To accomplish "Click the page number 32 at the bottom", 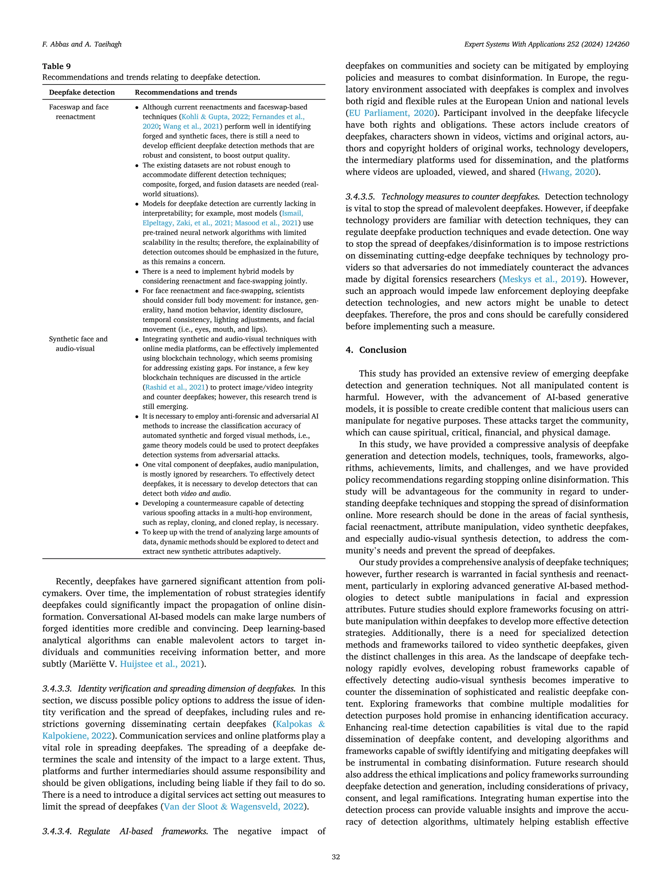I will click(335, 857).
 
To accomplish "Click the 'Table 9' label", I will click(56, 66).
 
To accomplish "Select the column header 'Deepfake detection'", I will click(82, 92).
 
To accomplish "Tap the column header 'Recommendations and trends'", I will click(186, 92).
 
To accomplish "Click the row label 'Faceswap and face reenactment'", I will click(78, 112).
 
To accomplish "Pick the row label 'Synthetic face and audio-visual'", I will click(78, 343).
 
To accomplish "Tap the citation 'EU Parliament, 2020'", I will click(391, 113).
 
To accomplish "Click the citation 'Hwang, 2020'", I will click(568, 172).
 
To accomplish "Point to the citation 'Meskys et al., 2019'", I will click(542, 279).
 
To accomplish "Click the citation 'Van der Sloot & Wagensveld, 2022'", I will click(233, 807).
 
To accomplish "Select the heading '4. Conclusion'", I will click(376, 350).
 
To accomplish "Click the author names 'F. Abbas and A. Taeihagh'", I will click(82, 44).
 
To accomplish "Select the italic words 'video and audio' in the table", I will click(205, 494).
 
